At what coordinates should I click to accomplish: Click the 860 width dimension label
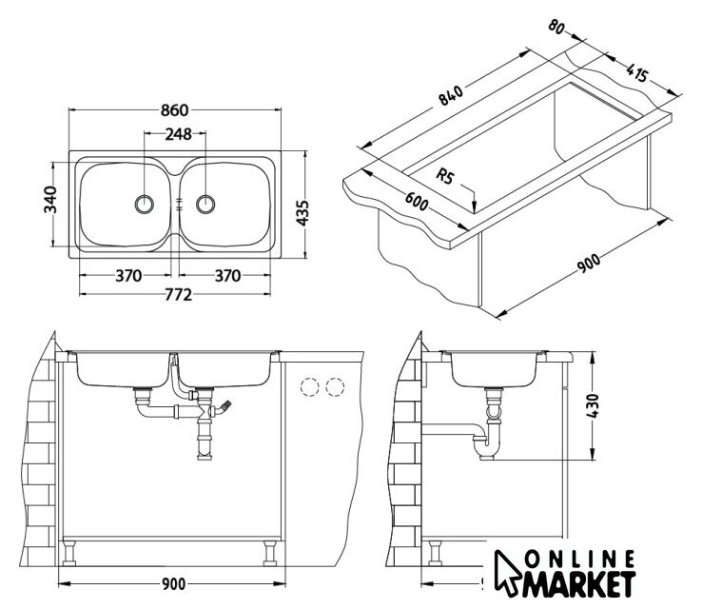175,110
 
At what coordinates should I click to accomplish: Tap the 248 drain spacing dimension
178,134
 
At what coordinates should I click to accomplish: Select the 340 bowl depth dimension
50,199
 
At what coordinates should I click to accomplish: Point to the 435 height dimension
303,213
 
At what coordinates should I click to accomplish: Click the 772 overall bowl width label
178,295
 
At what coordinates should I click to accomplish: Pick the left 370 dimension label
128,276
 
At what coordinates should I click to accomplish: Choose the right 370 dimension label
228,276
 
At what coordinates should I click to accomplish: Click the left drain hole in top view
145,205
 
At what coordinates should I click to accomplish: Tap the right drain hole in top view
205,205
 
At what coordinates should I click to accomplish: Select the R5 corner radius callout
444,175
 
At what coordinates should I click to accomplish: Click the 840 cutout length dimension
450,95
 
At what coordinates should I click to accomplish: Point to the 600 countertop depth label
417,202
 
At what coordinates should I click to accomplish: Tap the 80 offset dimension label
556,27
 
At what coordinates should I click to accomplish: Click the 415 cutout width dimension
636,73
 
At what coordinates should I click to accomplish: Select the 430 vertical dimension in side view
592,405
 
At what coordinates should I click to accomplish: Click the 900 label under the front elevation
173,584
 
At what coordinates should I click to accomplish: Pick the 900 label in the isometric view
588,264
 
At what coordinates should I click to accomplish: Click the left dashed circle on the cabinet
309,387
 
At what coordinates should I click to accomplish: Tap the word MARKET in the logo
579,583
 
